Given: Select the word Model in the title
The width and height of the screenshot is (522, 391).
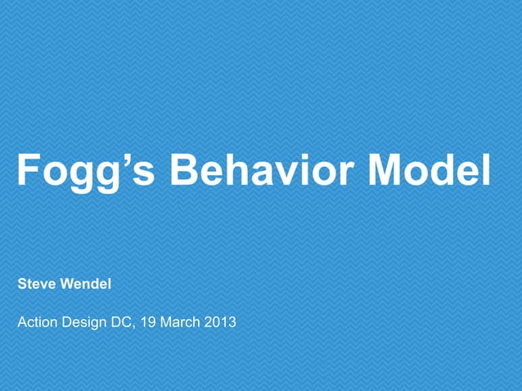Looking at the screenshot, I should click(430, 169).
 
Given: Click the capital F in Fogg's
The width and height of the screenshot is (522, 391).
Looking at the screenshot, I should click(28, 169).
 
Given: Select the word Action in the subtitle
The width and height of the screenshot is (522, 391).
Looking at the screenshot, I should click(37, 322).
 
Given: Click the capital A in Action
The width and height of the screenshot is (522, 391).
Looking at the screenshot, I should click(22, 322).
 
